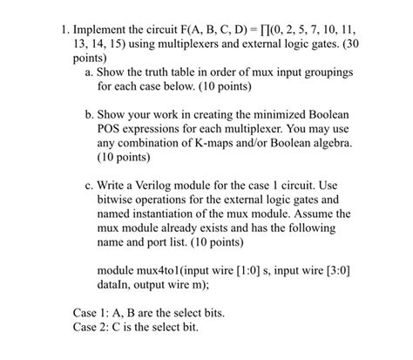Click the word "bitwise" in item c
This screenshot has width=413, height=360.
[118, 198]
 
